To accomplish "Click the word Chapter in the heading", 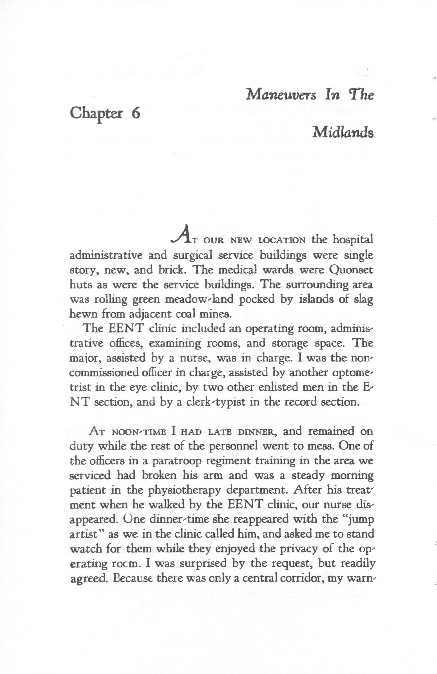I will coord(96,115).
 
